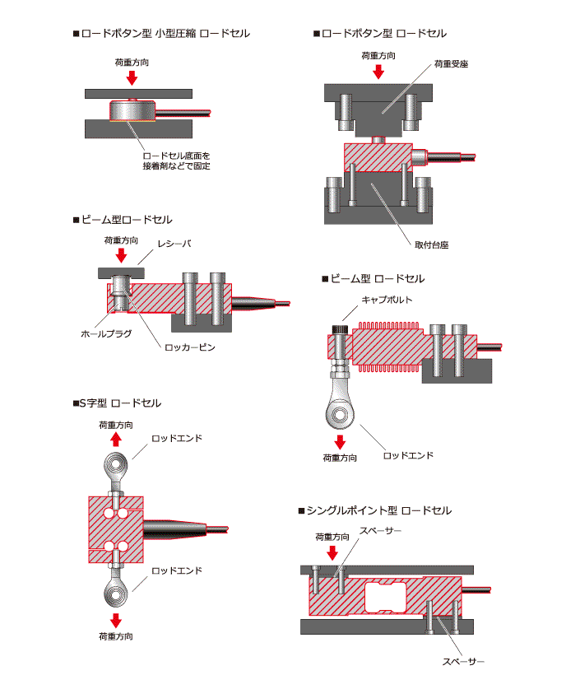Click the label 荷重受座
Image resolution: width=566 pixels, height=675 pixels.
(451, 63)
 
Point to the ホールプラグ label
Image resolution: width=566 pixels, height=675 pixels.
(104, 334)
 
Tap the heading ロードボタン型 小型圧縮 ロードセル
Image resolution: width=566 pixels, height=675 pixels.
(161, 34)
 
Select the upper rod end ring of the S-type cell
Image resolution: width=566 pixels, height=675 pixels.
(115, 468)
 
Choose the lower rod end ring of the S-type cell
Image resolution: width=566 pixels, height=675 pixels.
(115, 592)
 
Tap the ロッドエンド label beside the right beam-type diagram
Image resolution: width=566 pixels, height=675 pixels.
(408, 455)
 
